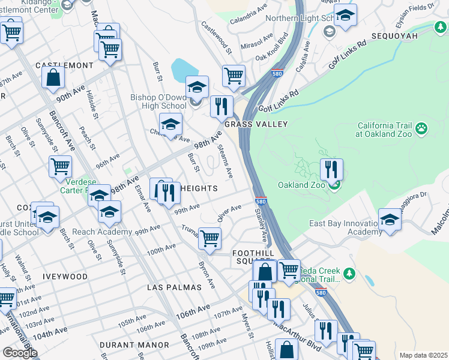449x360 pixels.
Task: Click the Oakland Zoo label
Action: (301, 185)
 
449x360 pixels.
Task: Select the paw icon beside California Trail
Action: (422, 128)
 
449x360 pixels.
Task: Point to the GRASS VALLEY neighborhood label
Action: (256, 124)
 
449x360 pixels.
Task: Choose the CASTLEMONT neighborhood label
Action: (64, 65)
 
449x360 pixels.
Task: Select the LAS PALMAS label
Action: (175, 287)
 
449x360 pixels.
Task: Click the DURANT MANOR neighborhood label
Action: (134, 345)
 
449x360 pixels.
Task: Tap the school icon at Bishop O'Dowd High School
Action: (197, 88)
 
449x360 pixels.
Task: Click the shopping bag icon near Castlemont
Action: (53, 77)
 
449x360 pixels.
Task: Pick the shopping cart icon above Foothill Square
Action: (209, 238)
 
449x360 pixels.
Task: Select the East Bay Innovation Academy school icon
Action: (390, 219)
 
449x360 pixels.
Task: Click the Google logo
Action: (20, 353)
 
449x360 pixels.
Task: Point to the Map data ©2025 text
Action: (423, 355)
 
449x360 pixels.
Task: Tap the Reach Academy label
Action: (102, 232)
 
